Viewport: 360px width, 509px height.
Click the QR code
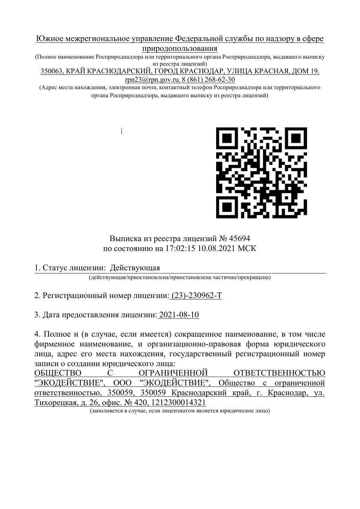261,173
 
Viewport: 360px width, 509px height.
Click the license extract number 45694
240,239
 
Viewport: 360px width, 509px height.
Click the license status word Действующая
135,268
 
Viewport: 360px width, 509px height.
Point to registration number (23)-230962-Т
196,296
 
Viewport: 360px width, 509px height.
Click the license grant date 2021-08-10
179,315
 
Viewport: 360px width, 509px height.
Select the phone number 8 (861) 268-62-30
208,80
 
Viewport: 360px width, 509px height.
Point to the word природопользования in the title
180,48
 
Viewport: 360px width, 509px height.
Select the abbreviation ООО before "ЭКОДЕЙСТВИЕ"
122,382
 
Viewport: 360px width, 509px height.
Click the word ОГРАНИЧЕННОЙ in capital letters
174,373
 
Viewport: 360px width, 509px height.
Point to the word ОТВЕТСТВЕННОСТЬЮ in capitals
279,373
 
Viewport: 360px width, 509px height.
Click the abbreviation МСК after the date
247,249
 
